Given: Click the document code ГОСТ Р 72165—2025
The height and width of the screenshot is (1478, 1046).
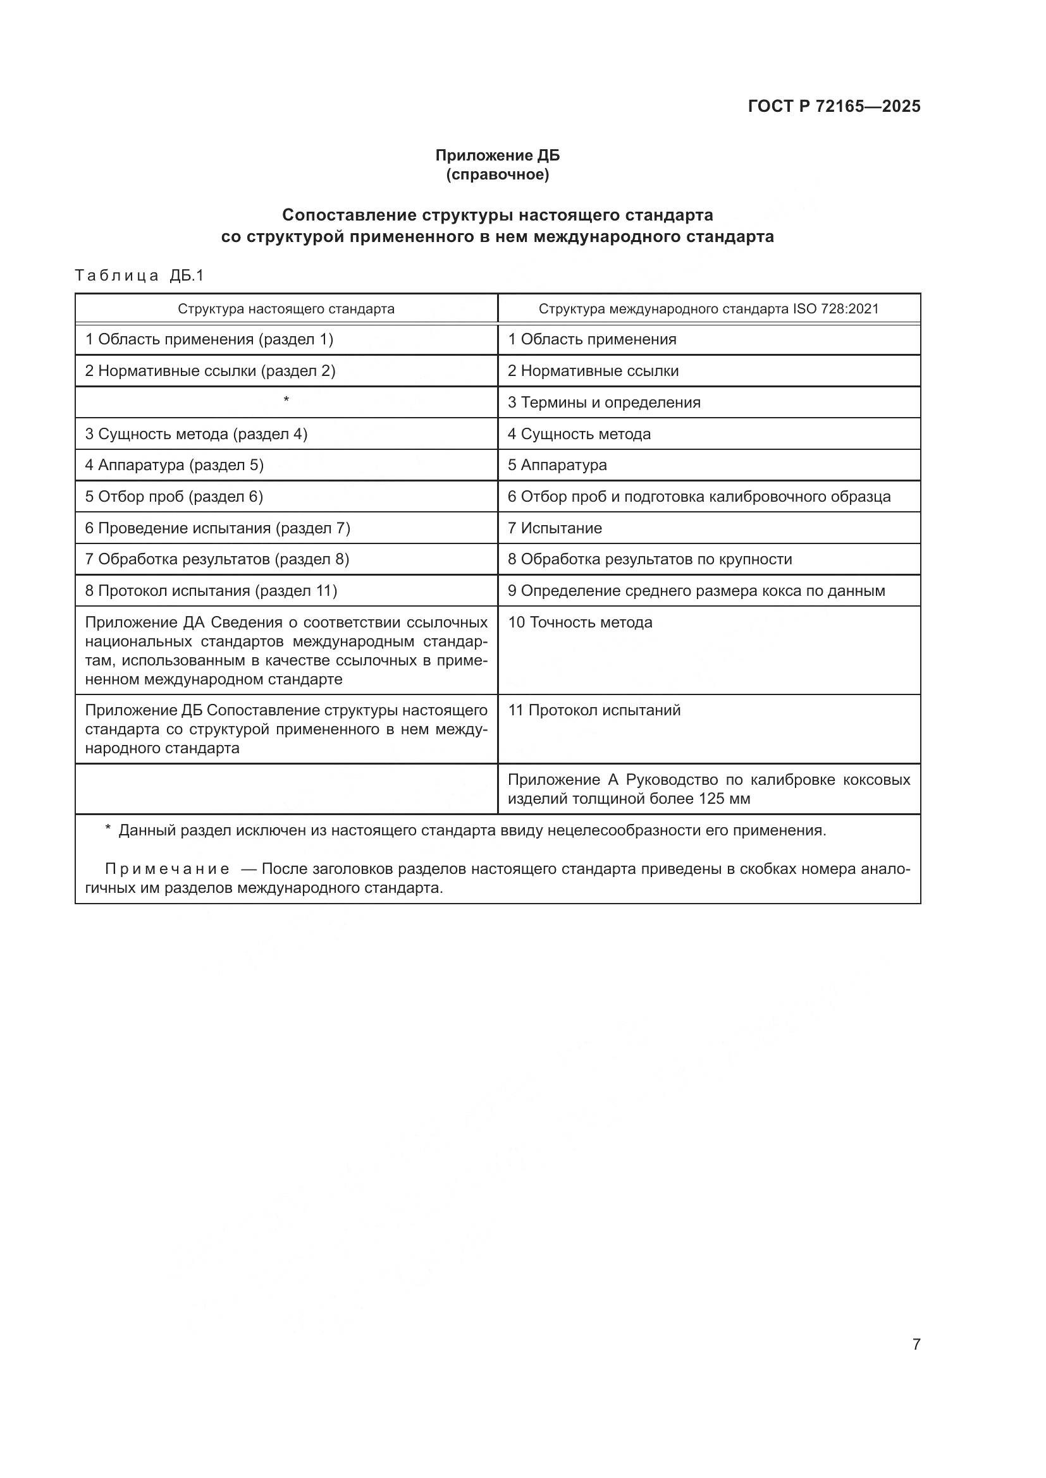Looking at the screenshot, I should pos(834,106).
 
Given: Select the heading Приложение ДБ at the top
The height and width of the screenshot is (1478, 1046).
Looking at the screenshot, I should pos(497,155).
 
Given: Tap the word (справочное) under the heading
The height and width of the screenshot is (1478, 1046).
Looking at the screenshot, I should pos(497,174).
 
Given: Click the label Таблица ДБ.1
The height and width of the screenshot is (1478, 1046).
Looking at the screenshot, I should pos(139,276).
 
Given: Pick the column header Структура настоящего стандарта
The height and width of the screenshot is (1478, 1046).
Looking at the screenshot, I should pos(286,308).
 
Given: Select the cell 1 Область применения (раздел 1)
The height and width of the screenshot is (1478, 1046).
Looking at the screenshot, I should pos(209,339).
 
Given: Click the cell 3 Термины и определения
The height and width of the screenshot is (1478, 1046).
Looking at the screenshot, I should pos(603,403).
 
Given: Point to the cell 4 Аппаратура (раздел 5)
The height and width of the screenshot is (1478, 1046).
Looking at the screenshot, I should pos(175,465).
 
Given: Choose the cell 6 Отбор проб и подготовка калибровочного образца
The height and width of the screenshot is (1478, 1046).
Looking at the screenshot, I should pos(699,496).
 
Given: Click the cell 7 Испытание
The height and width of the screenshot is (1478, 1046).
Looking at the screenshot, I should pos(555,528).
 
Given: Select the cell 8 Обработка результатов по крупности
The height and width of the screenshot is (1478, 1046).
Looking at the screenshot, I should pos(650,559).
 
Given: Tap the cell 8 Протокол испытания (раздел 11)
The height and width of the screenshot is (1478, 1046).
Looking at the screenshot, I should pos(211,590).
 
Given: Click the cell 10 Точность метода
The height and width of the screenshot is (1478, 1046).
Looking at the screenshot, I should pos(580,622).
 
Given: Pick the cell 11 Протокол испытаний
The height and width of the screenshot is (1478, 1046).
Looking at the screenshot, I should pos(594,710).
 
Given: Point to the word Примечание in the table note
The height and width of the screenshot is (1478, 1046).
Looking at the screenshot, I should pos(167,869).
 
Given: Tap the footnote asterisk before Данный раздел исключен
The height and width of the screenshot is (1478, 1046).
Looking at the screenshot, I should pos(108,829).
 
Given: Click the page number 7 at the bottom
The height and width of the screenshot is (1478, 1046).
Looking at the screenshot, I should pos(916,1344).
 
